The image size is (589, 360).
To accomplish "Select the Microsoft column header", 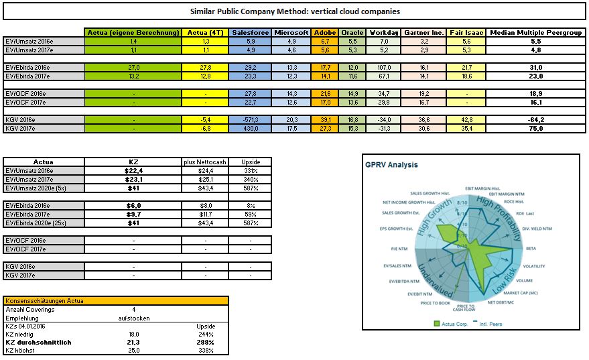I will (x=291, y=32).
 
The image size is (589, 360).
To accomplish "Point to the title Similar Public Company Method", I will (x=294, y=11).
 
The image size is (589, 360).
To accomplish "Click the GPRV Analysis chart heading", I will (x=392, y=165).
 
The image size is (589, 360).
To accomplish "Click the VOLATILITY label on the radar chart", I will (x=533, y=266).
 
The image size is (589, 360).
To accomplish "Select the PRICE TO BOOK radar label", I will (x=436, y=303).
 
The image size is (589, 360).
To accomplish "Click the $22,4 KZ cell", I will (x=134, y=170).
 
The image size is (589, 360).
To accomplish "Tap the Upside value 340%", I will (x=250, y=179).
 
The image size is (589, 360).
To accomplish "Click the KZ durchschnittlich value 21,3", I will (x=134, y=341).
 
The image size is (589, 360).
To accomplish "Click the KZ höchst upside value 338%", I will (x=206, y=349).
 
